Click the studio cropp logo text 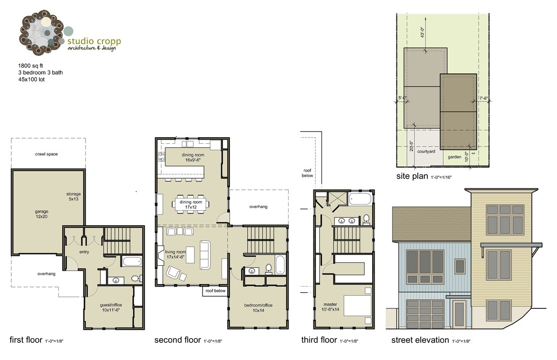(x=94, y=41)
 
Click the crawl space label (x=46, y=154)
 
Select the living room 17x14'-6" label (x=176, y=254)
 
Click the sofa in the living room (x=205, y=255)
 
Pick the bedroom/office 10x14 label (x=258, y=307)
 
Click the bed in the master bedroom (x=359, y=305)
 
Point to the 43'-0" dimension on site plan (x=422, y=33)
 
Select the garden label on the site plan (x=454, y=157)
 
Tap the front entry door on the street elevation (x=460, y=314)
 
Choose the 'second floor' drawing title (x=177, y=340)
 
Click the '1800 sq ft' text (x=32, y=66)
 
